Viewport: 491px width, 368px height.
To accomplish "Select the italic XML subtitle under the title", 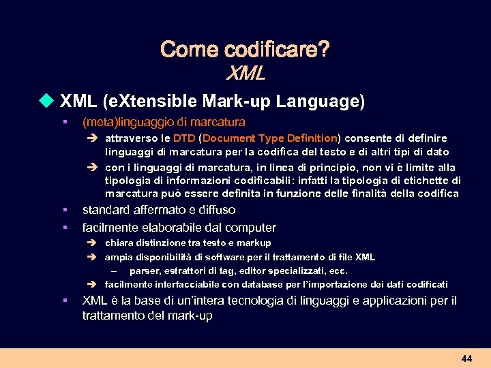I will [x=245, y=72].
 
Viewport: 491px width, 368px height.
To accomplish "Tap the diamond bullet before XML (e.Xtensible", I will [x=46, y=102].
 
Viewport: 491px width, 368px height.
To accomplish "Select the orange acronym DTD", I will [x=185, y=138].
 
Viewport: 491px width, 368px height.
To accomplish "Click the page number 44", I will [x=466, y=358].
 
